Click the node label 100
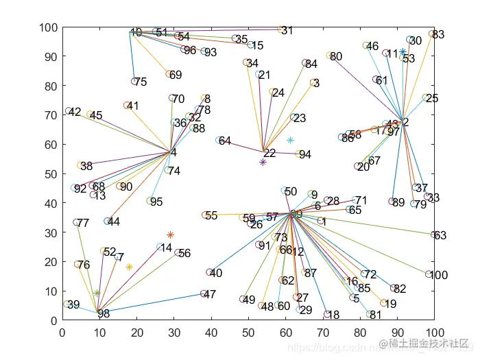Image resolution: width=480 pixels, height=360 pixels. (x=440, y=276)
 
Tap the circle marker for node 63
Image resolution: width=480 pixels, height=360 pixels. (x=434, y=235)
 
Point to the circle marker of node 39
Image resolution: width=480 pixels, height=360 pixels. (x=67, y=304)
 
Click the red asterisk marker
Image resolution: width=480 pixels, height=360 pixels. (x=170, y=235)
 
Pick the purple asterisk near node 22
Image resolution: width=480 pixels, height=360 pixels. (x=263, y=163)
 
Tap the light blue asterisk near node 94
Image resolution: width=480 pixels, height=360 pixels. (x=290, y=140)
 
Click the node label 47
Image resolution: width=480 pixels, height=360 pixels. (x=211, y=295)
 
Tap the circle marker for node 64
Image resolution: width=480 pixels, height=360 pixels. (x=219, y=141)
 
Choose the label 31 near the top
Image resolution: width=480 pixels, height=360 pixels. (x=287, y=31)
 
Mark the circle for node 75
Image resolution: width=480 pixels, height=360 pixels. (x=134, y=82)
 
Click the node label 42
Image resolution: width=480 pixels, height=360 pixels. (x=75, y=112)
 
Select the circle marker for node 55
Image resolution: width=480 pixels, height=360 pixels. (x=205, y=215)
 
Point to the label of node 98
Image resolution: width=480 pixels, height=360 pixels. (x=104, y=314)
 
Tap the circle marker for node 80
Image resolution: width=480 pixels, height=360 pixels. (x=330, y=56)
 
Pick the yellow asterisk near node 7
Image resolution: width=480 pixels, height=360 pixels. (x=129, y=267)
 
